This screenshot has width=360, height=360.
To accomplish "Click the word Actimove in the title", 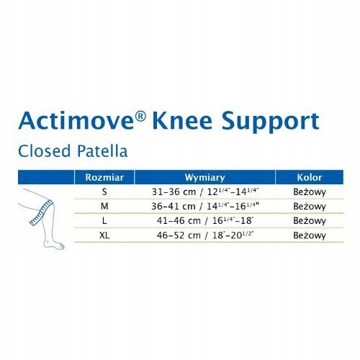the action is pyautogui.click(x=76, y=120).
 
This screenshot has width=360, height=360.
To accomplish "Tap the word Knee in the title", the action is pyautogui.click(x=182, y=120).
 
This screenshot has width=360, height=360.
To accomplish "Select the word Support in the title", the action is pyautogui.click(x=271, y=122).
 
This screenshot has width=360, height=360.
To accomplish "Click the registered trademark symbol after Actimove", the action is pyautogui.click(x=140, y=116).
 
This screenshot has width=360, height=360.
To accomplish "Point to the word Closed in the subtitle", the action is pyautogui.click(x=45, y=151).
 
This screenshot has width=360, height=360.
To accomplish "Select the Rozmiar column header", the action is pyautogui.click(x=104, y=177).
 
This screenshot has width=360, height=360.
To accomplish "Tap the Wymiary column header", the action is pyautogui.click(x=205, y=178).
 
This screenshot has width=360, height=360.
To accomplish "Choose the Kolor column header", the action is pyautogui.click(x=310, y=177).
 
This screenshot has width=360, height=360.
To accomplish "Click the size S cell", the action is pyautogui.click(x=104, y=192).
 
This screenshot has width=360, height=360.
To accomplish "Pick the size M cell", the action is pyautogui.click(x=104, y=206).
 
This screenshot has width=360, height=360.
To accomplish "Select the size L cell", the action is pyautogui.click(x=104, y=220).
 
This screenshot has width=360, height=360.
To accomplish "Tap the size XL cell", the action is pyautogui.click(x=104, y=235).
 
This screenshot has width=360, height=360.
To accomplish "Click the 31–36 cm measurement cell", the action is pyautogui.click(x=205, y=192).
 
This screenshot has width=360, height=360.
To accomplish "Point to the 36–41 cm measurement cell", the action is pyautogui.click(x=205, y=206).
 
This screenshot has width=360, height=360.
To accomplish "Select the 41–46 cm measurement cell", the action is pyautogui.click(x=205, y=220).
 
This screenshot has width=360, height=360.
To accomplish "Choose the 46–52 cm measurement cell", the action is pyautogui.click(x=205, y=235).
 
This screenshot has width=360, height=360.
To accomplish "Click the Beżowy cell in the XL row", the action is pyautogui.click(x=310, y=235).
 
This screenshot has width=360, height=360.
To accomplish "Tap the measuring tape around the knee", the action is pyautogui.click(x=41, y=213).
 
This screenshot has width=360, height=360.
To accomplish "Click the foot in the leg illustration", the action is pyautogui.click(x=54, y=243).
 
